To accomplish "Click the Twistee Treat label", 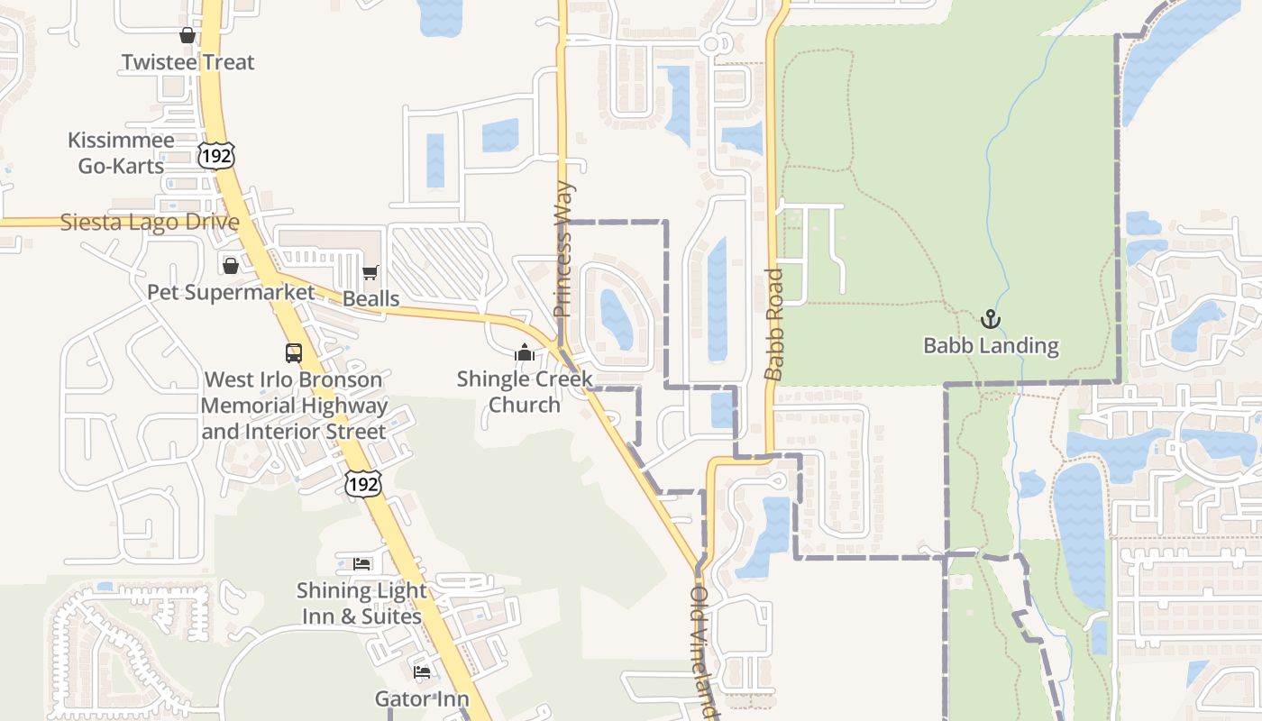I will point(187,62).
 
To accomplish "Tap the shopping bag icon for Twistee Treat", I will point(187,35).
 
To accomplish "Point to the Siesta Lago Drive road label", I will point(150,222).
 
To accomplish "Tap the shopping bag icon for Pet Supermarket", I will point(231,265).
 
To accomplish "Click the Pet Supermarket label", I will point(231,292).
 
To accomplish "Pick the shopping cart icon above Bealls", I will point(370,271).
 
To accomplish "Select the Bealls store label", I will point(370,298).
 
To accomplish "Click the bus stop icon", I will point(294,352).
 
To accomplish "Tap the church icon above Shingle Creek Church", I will point(524,351).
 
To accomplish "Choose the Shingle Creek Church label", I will point(524,391).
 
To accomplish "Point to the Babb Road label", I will point(774,324).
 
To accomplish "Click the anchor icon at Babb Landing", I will point(991,318).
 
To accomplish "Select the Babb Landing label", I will point(991,345).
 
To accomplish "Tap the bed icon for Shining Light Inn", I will point(361,564).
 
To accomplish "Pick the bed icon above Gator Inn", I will point(422,672).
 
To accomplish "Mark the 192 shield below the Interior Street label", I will point(362,483).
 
